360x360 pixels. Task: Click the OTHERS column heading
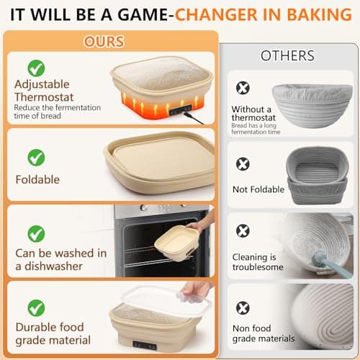click(287, 55)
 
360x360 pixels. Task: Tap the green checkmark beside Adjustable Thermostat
click(36, 68)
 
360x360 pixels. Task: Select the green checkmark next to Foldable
click(36, 157)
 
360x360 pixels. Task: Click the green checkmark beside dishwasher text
click(36, 233)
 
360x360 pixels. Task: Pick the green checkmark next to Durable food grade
click(36, 308)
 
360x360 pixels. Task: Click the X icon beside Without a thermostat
click(244, 88)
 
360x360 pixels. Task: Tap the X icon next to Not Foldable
click(244, 164)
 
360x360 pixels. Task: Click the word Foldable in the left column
click(37, 179)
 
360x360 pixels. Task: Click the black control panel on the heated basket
click(180, 109)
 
